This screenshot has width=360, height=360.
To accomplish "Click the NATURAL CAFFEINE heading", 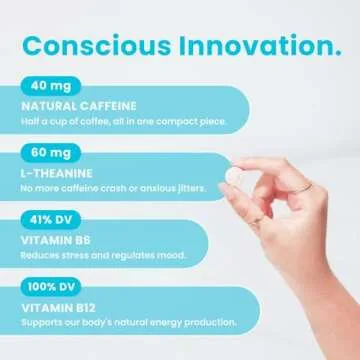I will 75,106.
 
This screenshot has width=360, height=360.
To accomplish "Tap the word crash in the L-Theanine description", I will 117,188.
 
